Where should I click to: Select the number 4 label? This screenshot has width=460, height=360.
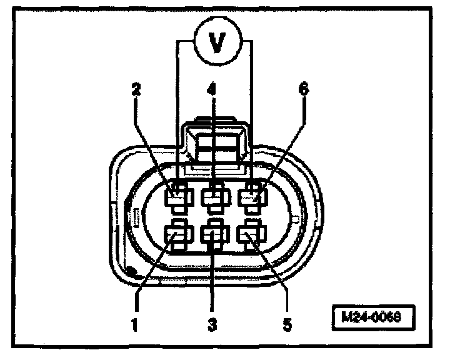(212, 89)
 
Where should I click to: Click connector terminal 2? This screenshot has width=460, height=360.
(177, 199)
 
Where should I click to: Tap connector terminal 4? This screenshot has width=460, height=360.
(214, 199)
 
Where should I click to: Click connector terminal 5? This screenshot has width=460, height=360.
(252, 236)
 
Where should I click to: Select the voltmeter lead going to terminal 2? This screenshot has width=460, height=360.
(177, 112)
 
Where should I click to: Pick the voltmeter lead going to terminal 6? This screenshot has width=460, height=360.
(251, 112)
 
